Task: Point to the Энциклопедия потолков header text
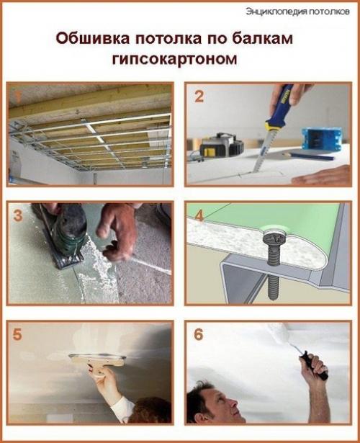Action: [x=298, y=10]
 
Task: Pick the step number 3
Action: [x=19, y=215]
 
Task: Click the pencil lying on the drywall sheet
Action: [x=307, y=156]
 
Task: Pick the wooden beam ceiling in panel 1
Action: [x=86, y=101]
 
